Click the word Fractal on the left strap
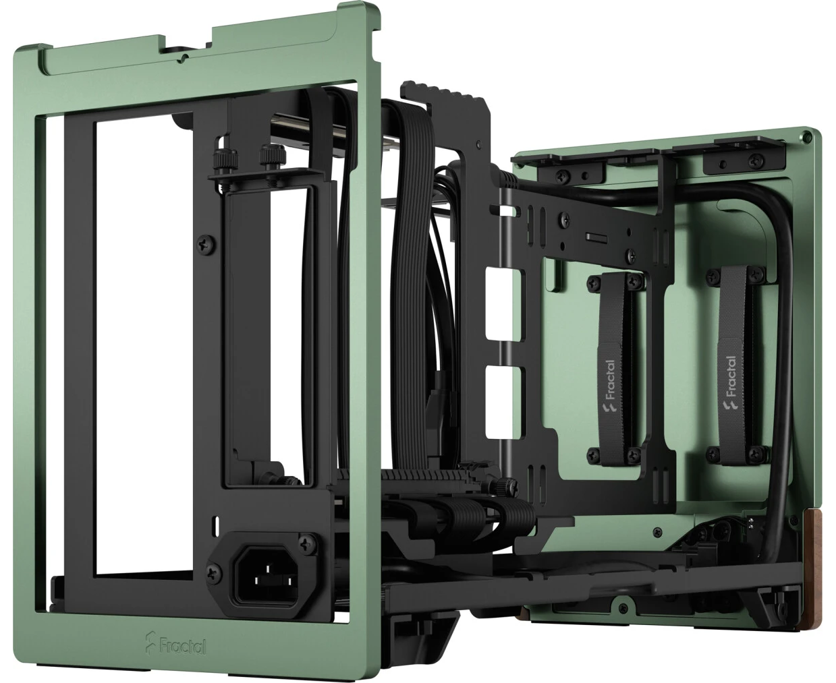pyautogui.click(x=610, y=380)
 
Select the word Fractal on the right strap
pyautogui.click(x=731, y=376)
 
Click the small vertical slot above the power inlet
pyautogui.click(x=216, y=525)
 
